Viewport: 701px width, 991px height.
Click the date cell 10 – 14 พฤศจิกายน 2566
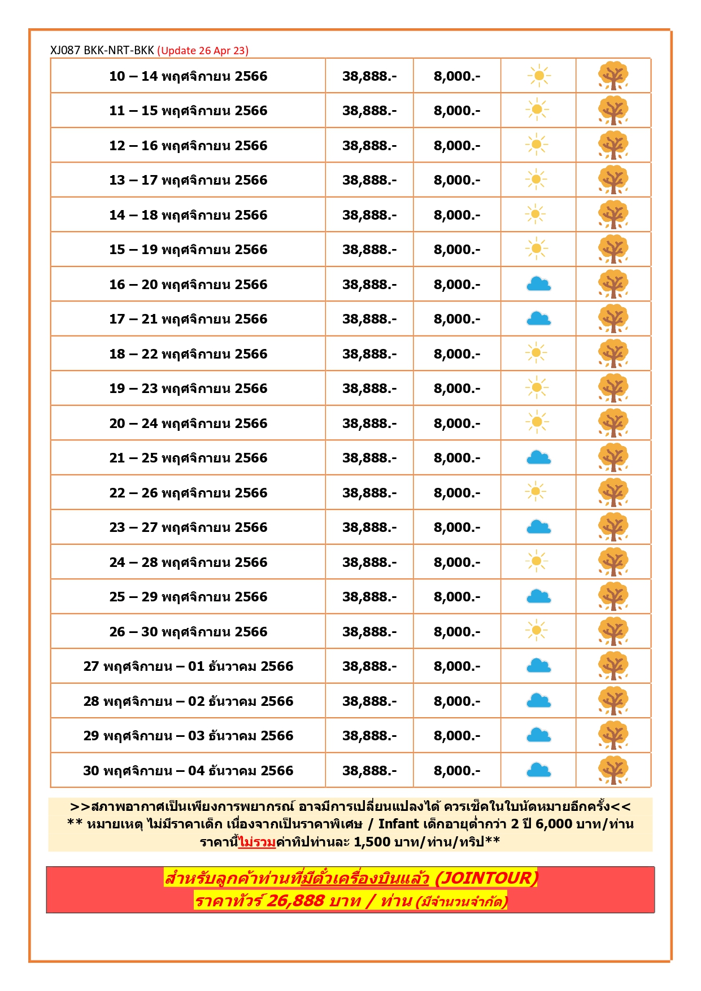(x=188, y=76)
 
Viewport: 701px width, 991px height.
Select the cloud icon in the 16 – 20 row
(x=538, y=284)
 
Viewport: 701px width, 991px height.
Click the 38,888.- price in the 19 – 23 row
(x=369, y=388)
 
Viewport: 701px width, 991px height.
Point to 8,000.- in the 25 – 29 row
(x=457, y=597)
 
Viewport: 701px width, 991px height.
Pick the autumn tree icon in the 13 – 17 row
(x=613, y=180)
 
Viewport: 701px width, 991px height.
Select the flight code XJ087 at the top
(x=66, y=50)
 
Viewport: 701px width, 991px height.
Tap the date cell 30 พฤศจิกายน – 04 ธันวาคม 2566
(x=188, y=771)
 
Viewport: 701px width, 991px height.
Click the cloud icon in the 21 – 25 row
(x=538, y=457)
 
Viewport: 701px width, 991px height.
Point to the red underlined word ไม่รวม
(x=257, y=842)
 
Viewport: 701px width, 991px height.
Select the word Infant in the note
(x=398, y=824)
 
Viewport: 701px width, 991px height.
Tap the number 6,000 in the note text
(x=554, y=824)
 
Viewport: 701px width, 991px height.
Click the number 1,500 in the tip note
(x=372, y=842)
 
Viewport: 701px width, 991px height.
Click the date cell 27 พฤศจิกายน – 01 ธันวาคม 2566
(x=188, y=666)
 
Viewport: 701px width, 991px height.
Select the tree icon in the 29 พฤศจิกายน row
(x=613, y=735)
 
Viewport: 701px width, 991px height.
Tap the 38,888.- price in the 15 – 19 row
(x=369, y=250)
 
